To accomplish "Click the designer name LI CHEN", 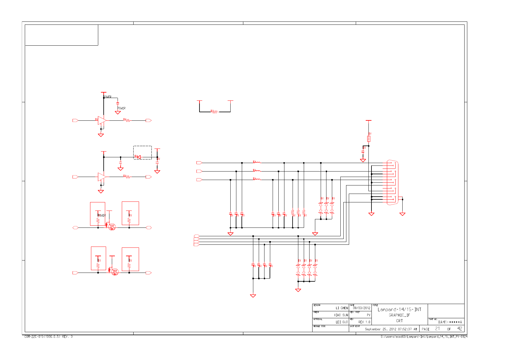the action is [342, 308].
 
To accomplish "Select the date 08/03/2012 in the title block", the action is [361, 308].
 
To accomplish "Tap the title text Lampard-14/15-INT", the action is [399, 309].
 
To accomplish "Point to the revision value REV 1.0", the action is [364, 322].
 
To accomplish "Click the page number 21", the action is [437, 329].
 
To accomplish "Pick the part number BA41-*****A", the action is [450, 322].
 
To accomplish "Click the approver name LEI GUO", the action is [342, 322].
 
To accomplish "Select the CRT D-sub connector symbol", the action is [392, 183].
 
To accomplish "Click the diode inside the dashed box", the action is [138, 157].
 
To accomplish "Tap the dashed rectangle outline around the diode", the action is [143, 146].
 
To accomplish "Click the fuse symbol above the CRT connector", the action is [368, 139].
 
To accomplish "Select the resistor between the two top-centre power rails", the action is [214, 112].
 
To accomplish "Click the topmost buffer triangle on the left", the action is [102, 120].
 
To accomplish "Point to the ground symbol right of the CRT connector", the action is [402, 214].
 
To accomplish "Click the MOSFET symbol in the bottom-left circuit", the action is [115, 272].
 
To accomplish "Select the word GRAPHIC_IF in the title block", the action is [399, 315].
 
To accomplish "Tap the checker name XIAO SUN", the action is [341, 315].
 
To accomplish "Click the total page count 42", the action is [459, 329].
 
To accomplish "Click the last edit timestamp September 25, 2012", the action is [391, 329].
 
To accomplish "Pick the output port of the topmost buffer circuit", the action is [148, 120].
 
